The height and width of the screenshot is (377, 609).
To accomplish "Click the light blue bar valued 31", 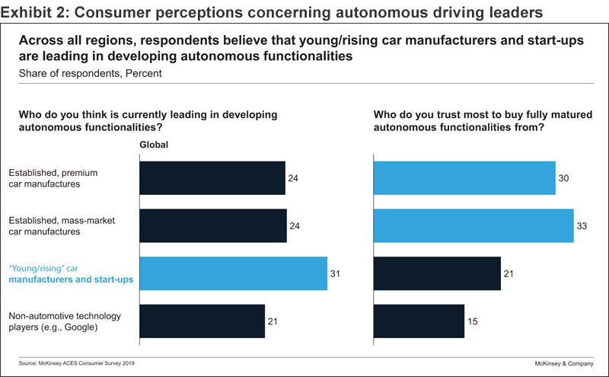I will pos(232,273).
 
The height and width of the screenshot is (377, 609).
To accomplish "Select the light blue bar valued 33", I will pos(473,225).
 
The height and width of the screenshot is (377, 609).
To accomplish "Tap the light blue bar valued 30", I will pos(464,178).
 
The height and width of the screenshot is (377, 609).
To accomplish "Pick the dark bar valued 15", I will pos(418,321).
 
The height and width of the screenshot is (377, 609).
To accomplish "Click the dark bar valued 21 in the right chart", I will pos(436,273).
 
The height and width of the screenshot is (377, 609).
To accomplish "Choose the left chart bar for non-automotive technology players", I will pos(202,321).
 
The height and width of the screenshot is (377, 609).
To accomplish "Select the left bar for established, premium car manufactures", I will pos(212,178).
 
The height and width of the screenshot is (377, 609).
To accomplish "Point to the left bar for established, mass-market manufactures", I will pos(212,225).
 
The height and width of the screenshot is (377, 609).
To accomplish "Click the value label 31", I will pos(335,273).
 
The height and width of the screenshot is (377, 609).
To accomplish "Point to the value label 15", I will pos(473,321).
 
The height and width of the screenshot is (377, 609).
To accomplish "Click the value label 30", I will pos(564,178).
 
